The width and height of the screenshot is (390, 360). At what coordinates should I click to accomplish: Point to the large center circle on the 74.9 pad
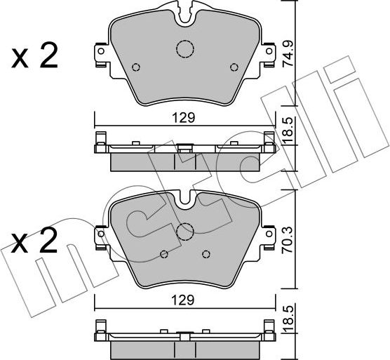(x=184, y=49)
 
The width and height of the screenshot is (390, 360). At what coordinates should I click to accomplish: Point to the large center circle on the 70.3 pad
(x=185, y=232)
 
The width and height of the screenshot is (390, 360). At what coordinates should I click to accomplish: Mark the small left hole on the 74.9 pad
(x=136, y=68)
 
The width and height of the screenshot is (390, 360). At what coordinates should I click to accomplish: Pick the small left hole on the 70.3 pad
(x=163, y=254)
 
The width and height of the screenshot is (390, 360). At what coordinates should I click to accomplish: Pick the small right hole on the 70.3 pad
(x=206, y=254)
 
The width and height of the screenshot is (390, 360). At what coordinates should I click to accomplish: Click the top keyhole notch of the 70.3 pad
(x=185, y=199)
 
